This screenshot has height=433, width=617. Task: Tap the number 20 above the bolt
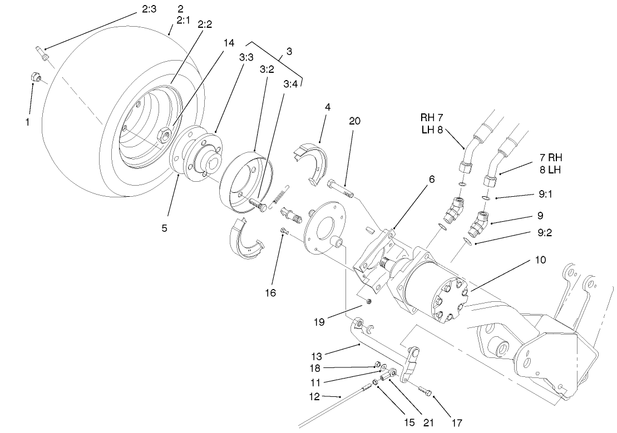tap(356, 121)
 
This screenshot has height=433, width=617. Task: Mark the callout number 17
tap(457, 422)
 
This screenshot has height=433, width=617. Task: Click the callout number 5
tap(164, 228)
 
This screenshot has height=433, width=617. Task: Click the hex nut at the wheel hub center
tap(164, 133)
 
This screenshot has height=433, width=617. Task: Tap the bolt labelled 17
tap(425, 392)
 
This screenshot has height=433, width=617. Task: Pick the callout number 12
tap(315, 396)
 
